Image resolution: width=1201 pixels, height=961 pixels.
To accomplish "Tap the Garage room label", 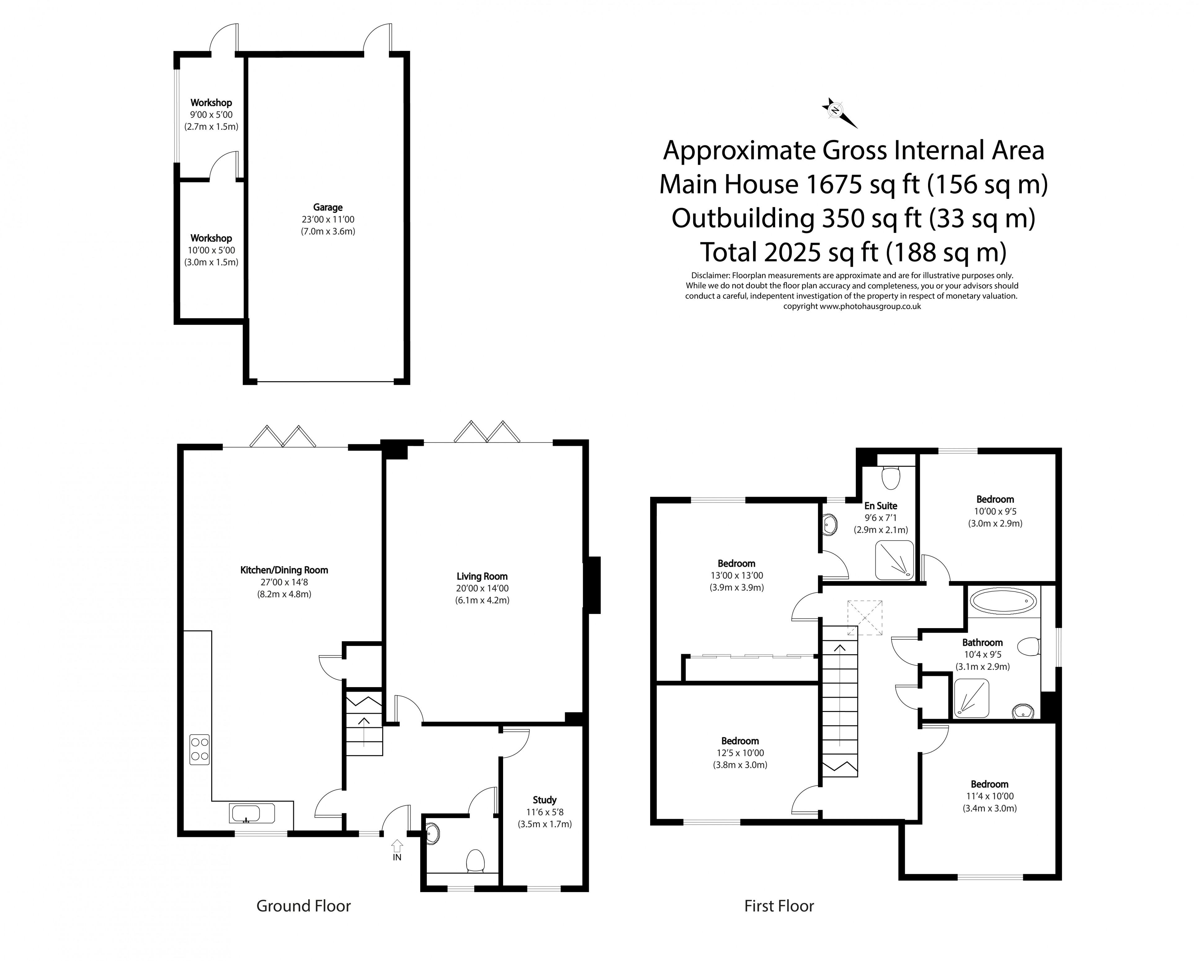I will click(x=328, y=207).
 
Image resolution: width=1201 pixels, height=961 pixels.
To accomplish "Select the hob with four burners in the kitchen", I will click(x=199, y=749).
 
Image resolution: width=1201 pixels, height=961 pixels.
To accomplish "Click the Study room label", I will click(x=544, y=800).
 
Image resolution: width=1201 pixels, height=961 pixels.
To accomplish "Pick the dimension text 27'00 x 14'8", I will click(x=284, y=582).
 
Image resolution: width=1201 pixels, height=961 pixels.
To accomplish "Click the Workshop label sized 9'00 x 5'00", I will click(x=211, y=102).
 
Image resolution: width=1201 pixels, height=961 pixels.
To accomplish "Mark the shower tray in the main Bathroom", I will click(x=972, y=698).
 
